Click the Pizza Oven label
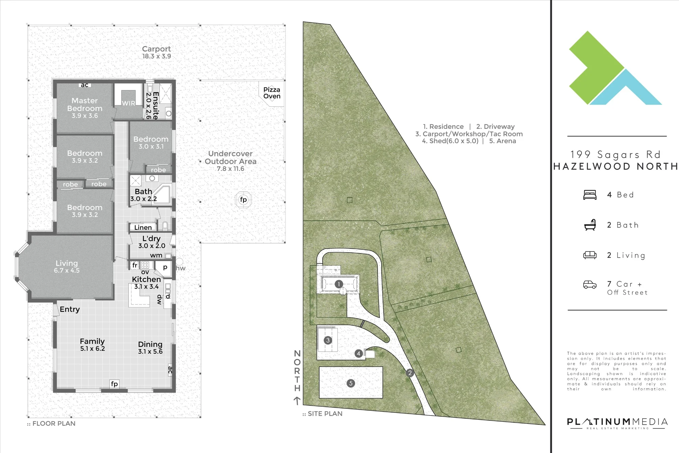pos(272,93)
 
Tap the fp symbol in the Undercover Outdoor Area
pos(243,200)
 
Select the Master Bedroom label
pos(85,104)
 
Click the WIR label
pos(129,103)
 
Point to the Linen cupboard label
pos(143,227)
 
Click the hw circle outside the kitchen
pos(179,261)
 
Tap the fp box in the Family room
pos(114,384)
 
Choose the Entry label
pos(70,309)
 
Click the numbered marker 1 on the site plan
pos(338,284)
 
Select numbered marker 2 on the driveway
pos(410,373)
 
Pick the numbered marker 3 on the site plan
pos(328,340)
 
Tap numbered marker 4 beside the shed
pos(359,353)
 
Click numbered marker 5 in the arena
pos(351,383)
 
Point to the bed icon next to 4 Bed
pos(590,195)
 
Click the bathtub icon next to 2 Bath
pos(590,225)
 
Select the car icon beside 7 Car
pos(590,284)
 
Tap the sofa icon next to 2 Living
pos(590,255)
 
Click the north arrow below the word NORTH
pos(297,401)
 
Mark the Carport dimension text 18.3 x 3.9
pos(157,56)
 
